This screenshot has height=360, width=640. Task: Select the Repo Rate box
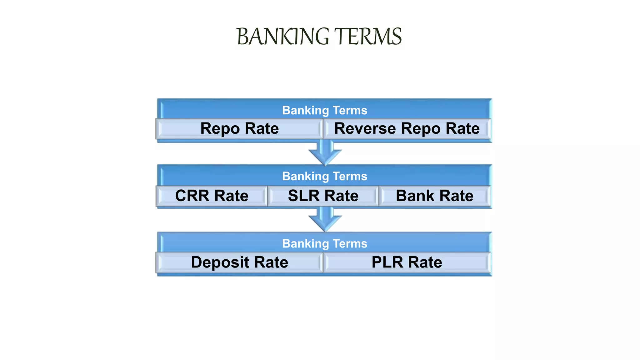[x=239, y=128]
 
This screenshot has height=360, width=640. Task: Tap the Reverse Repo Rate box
[x=407, y=128]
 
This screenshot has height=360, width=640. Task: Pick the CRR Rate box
[x=212, y=196]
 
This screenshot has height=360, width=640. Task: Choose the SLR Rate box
[x=323, y=196]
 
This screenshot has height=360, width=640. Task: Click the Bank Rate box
[x=434, y=196]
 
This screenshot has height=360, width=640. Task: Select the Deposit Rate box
[x=239, y=262]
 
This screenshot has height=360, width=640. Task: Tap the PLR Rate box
[x=407, y=262]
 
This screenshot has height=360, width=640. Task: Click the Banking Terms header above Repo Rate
[x=324, y=110]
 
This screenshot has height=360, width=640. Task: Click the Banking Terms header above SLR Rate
[x=324, y=176]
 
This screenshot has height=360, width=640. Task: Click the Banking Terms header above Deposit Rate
[x=324, y=243]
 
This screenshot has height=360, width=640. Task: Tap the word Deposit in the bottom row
[x=220, y=262]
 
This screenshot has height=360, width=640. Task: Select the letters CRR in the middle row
[x=192, y=196]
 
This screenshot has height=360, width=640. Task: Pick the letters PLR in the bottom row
[x=387, y=262]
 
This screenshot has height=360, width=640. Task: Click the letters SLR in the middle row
[x=304, y=196]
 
